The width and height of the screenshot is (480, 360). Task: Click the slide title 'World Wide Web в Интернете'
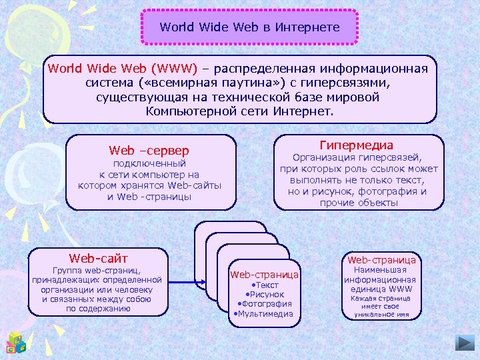249,27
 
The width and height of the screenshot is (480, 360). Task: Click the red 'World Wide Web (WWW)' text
123,69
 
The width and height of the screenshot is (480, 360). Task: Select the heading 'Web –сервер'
149,151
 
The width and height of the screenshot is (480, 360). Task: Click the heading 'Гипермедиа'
357,145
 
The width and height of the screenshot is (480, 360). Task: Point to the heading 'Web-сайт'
98,258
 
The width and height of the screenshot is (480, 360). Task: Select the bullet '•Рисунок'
265,294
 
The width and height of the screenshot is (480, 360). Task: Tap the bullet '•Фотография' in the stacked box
265,304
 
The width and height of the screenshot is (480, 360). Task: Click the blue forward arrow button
465,343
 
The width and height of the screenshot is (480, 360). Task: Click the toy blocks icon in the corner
16,342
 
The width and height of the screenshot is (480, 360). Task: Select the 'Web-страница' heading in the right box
381,259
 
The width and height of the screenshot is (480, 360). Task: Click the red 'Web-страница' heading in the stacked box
265,274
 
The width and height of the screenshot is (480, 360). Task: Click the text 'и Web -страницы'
149,197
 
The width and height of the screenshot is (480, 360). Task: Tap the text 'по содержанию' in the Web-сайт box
98,309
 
